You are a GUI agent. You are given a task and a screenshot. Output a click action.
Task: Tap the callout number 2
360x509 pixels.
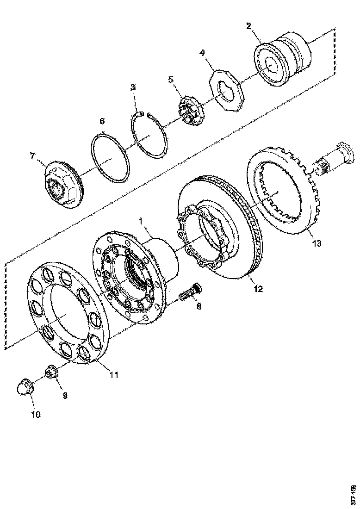pos(248,25)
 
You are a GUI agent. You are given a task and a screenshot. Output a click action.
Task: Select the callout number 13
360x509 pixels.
pos(317,242)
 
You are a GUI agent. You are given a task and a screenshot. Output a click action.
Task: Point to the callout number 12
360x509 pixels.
pos(258,289)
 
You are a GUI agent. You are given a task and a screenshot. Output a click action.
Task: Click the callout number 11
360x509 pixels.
pos(114,375)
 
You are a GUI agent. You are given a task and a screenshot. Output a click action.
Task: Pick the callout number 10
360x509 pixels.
pos(36,414)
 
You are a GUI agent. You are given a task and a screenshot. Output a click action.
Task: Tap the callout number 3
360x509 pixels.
pos(133,87)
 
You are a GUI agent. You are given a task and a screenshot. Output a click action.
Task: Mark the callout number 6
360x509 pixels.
pos(102,121)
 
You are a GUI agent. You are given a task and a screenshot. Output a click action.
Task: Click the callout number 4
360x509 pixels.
pos(202,53)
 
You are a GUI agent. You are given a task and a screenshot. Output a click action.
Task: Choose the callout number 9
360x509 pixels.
pos(65,395)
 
